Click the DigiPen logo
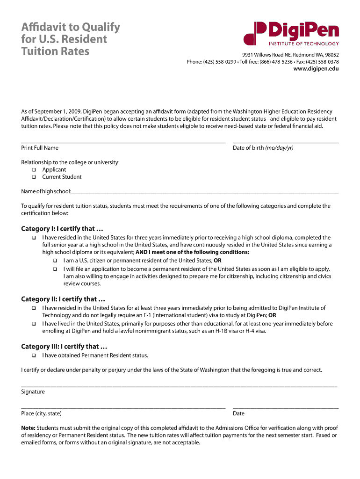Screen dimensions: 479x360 [291, 34]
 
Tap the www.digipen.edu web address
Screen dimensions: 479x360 [316, 69]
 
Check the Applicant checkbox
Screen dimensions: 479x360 [34, 170]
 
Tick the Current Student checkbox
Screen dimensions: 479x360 [34, 177]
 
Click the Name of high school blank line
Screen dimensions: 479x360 [205, 192]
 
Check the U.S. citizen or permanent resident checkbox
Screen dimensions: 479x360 [55, 261]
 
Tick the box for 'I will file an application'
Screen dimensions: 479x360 [55, 269]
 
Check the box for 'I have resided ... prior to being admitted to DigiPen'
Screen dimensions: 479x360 [34, 308]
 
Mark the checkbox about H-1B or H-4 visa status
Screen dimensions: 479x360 [34, 324]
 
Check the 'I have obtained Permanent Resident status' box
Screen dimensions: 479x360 [34, 356]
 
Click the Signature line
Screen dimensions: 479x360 [179, 385]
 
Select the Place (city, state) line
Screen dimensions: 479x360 [123, 407]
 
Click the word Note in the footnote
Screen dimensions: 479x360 [28, 428]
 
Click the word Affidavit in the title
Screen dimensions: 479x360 [45, 27]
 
